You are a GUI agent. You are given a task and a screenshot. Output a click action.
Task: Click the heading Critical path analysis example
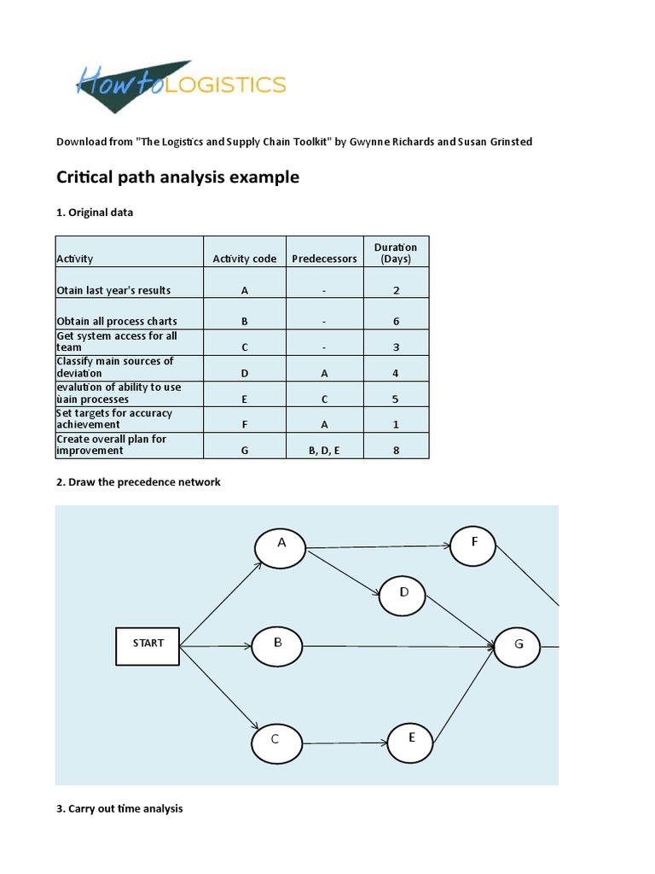177,178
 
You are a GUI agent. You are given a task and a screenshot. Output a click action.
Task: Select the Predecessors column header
324,259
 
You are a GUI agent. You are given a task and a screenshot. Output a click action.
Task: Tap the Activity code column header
245,259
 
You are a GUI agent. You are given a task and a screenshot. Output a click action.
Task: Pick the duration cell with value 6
397,322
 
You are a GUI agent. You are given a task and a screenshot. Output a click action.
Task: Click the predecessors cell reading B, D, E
324,451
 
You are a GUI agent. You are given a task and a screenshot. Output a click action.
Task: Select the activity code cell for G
245,451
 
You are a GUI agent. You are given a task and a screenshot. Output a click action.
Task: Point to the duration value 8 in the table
397,451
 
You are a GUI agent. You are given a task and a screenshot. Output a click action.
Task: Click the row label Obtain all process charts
117,322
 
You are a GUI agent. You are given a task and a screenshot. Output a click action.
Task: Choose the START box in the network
148,644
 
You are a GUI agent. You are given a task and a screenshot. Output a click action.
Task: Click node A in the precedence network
281,547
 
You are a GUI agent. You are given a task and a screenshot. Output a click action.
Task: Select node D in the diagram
403,595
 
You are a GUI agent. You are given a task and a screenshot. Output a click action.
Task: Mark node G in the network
518,647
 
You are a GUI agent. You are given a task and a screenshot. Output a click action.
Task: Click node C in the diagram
275,743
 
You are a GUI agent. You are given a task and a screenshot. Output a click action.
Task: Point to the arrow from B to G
397,647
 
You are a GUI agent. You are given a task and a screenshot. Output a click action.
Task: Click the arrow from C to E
345,743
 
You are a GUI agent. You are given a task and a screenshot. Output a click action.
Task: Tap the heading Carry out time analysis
119,808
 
